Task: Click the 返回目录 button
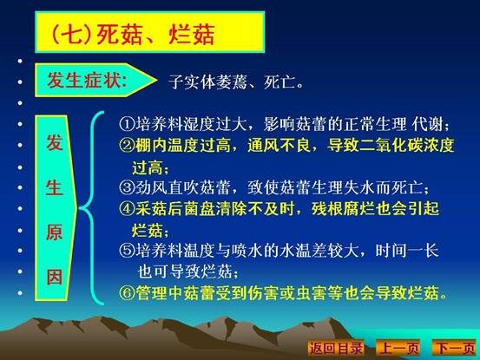pos(336,348)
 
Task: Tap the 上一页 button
pos(398,348)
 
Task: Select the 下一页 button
pos(455,348)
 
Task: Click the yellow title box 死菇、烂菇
pos(149,32)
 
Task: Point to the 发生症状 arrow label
pos(95,80)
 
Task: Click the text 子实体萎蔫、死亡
pos(236,82)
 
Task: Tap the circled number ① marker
pos(127,124)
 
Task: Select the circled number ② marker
pos(127,145)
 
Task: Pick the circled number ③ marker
pos(127,187)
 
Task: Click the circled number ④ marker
pos(127,208)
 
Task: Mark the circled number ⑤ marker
pos(127,251)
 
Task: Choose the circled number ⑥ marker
pos(127,292)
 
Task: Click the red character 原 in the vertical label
pos(55,232)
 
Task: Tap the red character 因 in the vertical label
pos(55,277)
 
